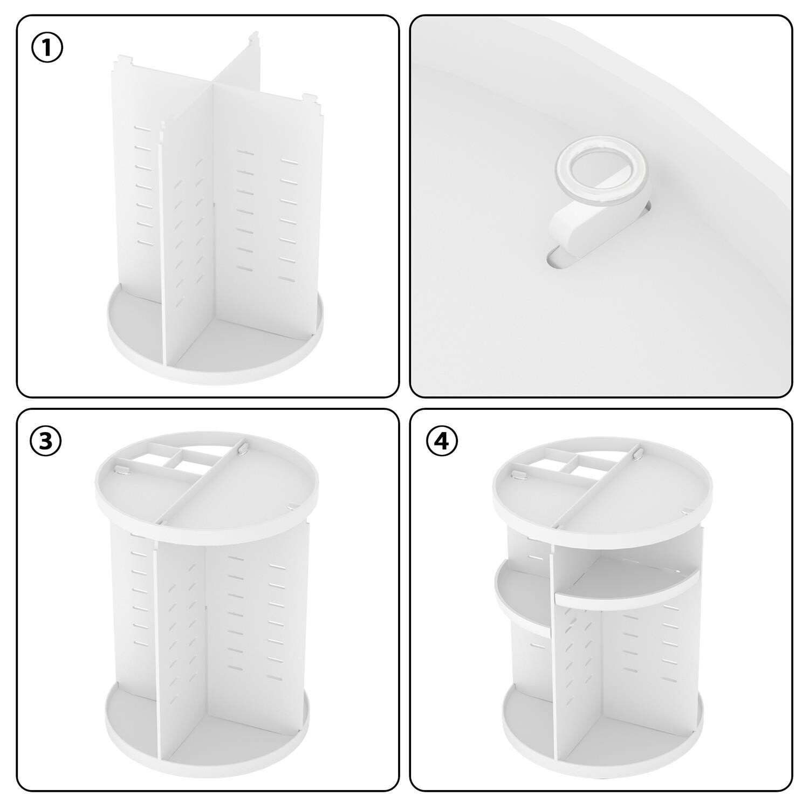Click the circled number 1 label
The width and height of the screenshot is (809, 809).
(x=47, y=47)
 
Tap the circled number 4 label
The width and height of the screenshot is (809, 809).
(x=442, y=441)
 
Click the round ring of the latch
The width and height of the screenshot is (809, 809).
(x=604, y=175)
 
